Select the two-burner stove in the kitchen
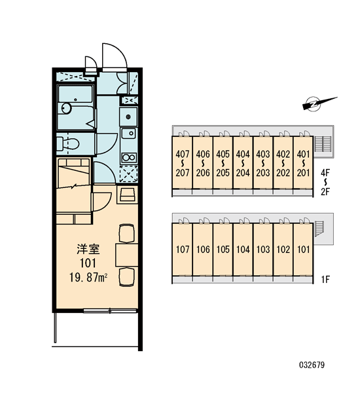[x=129, y=158]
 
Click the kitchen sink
[x=129, y=134]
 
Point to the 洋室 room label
[x=88, y=249]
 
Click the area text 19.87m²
[x=88, y=277]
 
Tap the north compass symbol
[x=318, y=103]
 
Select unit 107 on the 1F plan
[x=183, y=250]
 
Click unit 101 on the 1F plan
[x=303, y=250]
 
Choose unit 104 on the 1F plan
[x=243, y=250]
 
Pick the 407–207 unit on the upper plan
[x=183, y=163]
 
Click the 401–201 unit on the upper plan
[x=303, y=163]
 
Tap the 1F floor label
[x=325, y=279]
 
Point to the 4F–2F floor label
[x=325, y=182]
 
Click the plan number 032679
[x=312, y=365]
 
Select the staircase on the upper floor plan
[x=323, y=144]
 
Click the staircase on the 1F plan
[x=319, y=229]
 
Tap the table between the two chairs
[x=127, y=255]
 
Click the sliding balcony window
[x=110, y=310]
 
